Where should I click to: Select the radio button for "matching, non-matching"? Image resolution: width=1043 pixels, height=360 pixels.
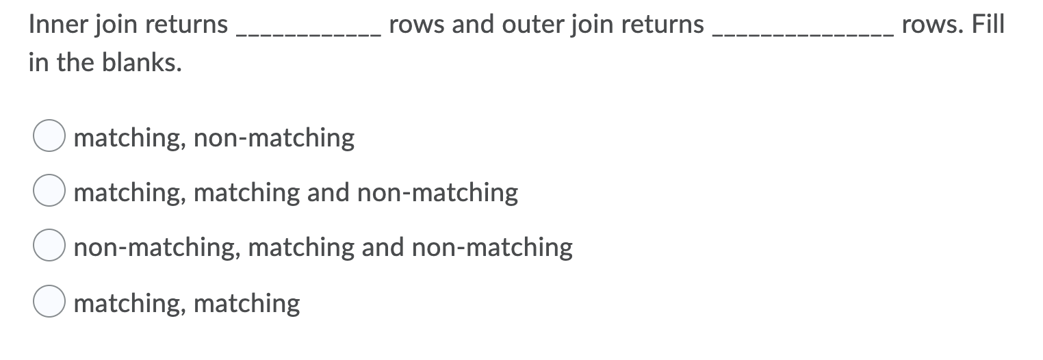49,137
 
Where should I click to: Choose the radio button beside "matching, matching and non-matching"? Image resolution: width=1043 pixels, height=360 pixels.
49,192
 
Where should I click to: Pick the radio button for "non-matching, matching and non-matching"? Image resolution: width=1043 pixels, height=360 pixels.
49,247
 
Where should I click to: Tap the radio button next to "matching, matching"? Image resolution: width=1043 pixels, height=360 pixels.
49,303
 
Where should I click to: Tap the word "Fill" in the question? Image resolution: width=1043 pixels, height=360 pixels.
988,25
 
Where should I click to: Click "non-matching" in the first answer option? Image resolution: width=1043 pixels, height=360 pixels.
274,138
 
